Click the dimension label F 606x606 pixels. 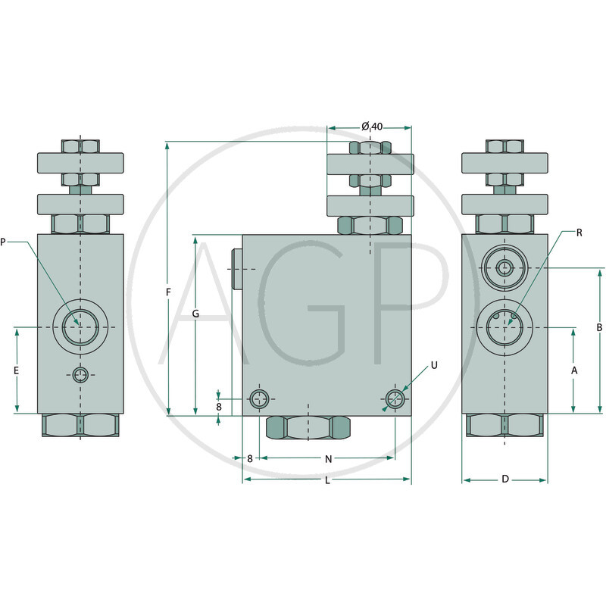point(168,292)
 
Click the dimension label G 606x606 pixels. point(196,314)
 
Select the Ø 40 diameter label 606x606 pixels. point(372,127)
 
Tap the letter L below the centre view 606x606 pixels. point(327,480)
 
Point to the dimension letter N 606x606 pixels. point(329,459)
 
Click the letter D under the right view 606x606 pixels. point(505,479)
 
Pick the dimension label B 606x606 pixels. point(599,327)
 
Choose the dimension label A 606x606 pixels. point(574,370)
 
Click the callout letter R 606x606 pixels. point(579,233)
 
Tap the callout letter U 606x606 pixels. point(434,365)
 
